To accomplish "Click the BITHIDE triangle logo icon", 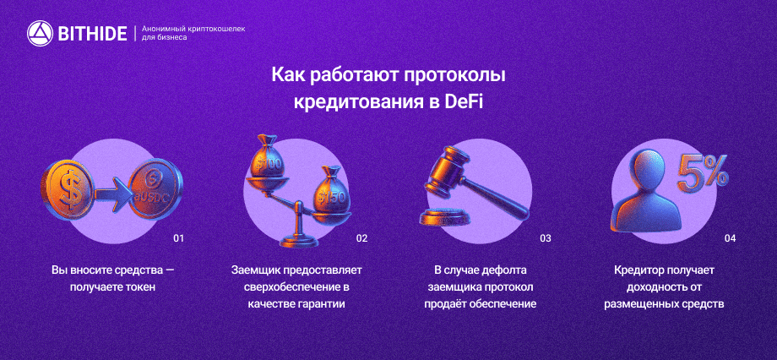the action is pyautogui.click(x=40, y=33).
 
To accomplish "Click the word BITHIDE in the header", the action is pyautogui.click(x=92, y=34).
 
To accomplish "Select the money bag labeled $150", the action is pyautogui.click(x=332, y=192).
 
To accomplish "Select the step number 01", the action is pyautogui.click(x=178, y=238).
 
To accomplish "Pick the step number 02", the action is pyautogui.click(x=361, y=238).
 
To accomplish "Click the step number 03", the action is pyautogui.click(x=545, y=238).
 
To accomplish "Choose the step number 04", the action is pyautogui.click(x=730, y=238).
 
